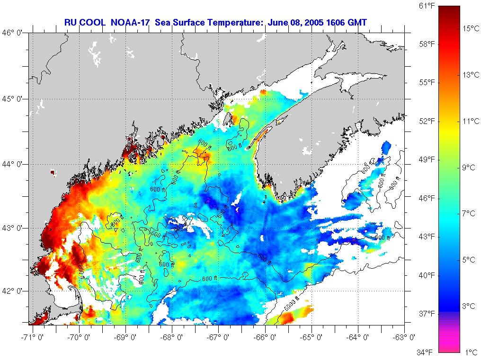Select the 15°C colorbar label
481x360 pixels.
(471, 29)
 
